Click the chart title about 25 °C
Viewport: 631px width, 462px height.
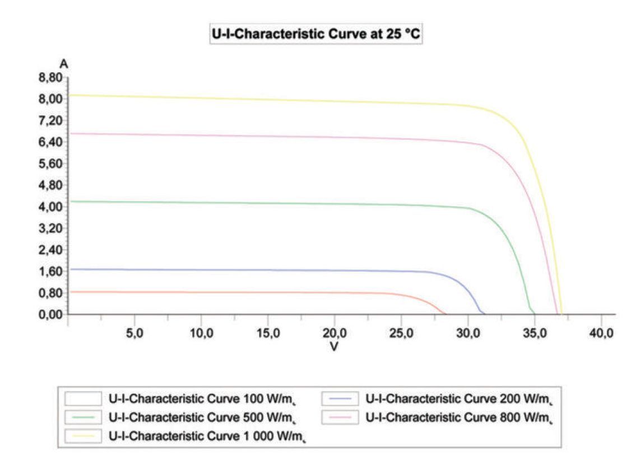point(315,35)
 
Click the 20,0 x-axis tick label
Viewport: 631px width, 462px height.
point(335,333)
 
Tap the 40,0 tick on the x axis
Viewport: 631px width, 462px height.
point(601,333)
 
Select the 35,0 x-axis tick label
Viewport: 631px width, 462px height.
point(535,333)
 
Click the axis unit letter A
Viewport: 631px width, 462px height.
point(64,63)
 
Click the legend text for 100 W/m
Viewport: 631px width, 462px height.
point(201,399)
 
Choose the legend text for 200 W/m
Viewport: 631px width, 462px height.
point(459,399)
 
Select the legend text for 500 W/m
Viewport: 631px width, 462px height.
point(201,418)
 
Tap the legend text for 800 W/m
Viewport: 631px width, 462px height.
point(459,418)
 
